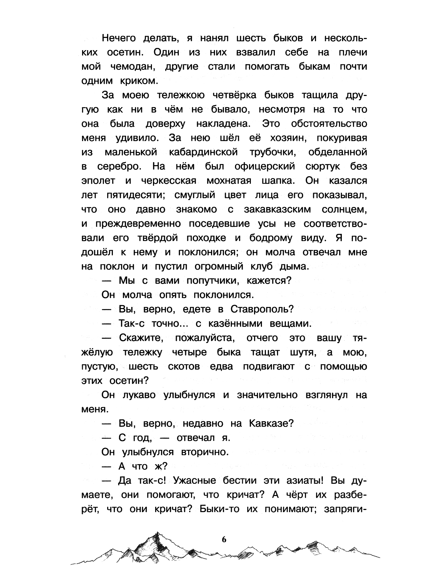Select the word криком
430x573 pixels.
tap(137, 81)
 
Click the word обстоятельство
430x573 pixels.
tap(329, 124)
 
